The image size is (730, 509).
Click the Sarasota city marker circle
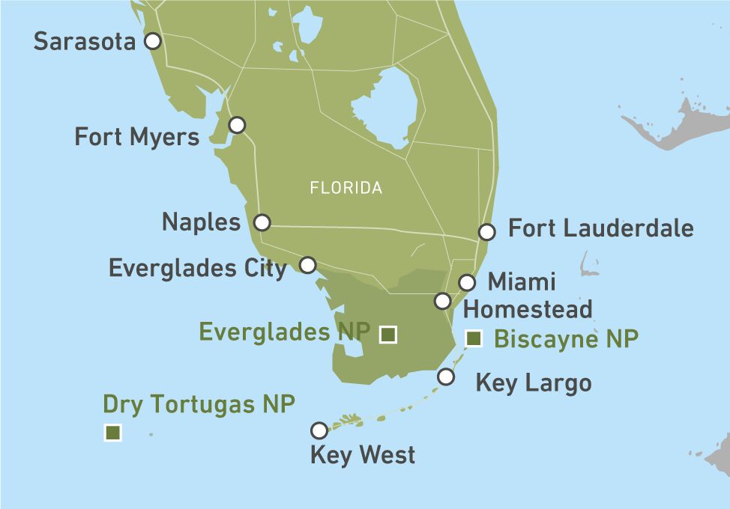click(x=152, y=41)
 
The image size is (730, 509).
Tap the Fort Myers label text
click(x=137, y=137)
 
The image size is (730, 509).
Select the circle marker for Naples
click(x=262, y=222)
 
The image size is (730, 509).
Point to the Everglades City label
click(x=198, y=268)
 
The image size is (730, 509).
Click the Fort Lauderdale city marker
click(x=486, y=232)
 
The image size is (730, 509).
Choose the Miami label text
click(x=522, y=282)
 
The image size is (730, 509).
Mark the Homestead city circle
click(x=442, y=301)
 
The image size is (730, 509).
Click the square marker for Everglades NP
click(x=387, y=335)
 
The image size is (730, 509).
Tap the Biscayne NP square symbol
click(x=474, y=339)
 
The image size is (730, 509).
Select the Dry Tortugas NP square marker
click(x=113, y=432)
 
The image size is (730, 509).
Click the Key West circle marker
click(x=319, y=430)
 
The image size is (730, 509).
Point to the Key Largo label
click(x=534, y=383)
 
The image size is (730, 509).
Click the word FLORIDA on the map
click(x=346, y=188)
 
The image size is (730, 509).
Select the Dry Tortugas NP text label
click(x=199, y=404)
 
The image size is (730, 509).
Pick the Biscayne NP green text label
click(x=566, y=339)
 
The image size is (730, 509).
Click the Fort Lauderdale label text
click(x=601, y=228)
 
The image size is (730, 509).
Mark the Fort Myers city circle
click(x=237, y=125)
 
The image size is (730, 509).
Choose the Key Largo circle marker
click(x=446, y=377)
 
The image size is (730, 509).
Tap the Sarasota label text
click(x=85, y=41)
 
